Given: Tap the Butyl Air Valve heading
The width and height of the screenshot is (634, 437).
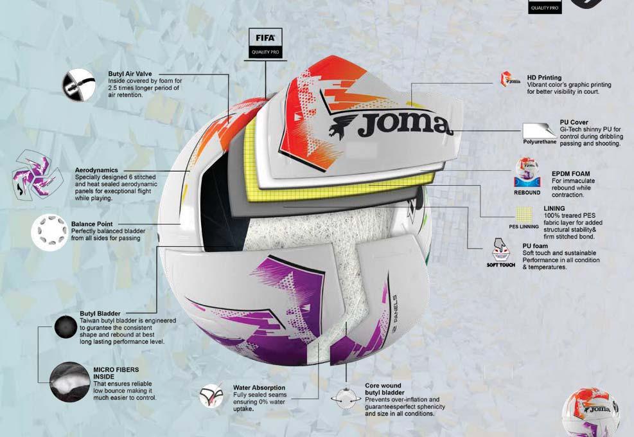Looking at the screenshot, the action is click(x=130, y=75).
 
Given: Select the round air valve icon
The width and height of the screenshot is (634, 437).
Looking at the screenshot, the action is click(x=78, y=84).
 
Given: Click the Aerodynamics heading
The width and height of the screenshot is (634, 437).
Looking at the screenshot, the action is click(x=96, y=170).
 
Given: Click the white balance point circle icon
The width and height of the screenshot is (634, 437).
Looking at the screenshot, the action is click(x=49, y=232).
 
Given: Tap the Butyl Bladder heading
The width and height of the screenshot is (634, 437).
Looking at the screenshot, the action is click(x=100, y=314).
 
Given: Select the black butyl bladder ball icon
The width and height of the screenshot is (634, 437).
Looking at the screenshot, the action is click(x=66, y=326).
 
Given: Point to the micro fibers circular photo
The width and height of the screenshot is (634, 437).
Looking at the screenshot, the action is click(x=69, y=382).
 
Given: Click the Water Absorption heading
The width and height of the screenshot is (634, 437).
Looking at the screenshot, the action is click(x=259, y=388).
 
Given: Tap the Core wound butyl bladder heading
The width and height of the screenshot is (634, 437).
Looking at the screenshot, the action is click(x=385, y=389).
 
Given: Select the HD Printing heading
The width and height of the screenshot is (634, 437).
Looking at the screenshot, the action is click(x=544, y=78).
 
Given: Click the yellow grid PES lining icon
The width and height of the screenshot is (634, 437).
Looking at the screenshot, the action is click(x=525, y=215).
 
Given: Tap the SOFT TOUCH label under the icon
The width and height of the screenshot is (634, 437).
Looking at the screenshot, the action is click(x=501, y=265).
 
